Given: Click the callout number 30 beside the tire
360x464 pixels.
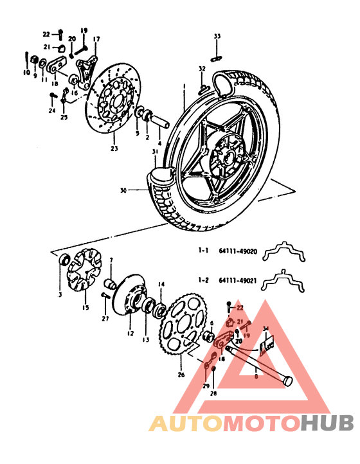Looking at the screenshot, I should [x=125, y=190].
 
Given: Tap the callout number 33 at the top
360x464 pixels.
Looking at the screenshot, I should [x=217, y=35].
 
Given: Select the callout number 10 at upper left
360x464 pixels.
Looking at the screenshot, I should [x=27, y=73].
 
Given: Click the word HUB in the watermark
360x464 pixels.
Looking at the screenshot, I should [x=327, y=423].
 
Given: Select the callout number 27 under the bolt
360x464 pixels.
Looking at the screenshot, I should [x=105, y=318].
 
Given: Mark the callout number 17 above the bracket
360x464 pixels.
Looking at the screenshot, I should [x=96, y=39].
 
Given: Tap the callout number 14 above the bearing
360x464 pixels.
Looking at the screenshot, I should [x=161, y=283].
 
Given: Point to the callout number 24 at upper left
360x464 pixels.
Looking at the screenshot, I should [x=51, y=110].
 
